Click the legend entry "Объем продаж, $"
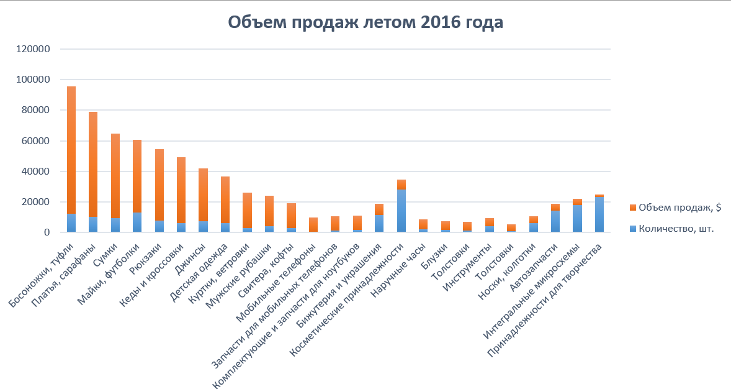(x=676, y=207)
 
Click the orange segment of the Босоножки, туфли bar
(x=71, y=149)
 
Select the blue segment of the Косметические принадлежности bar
(x=401, y=211)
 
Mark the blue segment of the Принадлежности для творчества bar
(x=599, y=215)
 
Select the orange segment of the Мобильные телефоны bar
(x=313, y=224)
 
